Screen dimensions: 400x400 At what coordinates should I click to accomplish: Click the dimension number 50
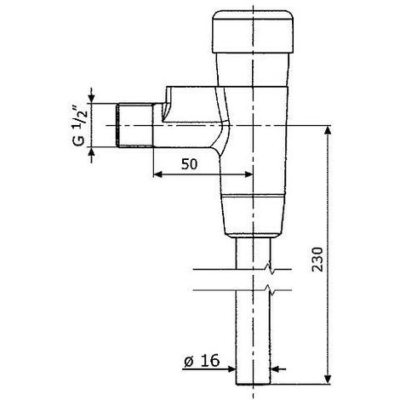click(x=189, y=164)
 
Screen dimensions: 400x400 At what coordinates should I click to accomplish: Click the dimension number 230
click(x=317, y=260)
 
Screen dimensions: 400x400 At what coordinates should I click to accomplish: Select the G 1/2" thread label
click(x=79, y=126)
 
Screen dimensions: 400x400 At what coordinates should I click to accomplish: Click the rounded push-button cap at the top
click(x=253, y=32)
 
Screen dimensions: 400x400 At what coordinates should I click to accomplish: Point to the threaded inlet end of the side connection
click(x=134, y=125)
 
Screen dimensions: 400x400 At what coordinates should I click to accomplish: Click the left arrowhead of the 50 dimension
click(x=157, y=174)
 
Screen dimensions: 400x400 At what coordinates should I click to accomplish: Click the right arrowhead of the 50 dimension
click(x=249, y=174)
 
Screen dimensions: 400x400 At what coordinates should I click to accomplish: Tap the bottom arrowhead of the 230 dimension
click(x=328, y=380)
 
